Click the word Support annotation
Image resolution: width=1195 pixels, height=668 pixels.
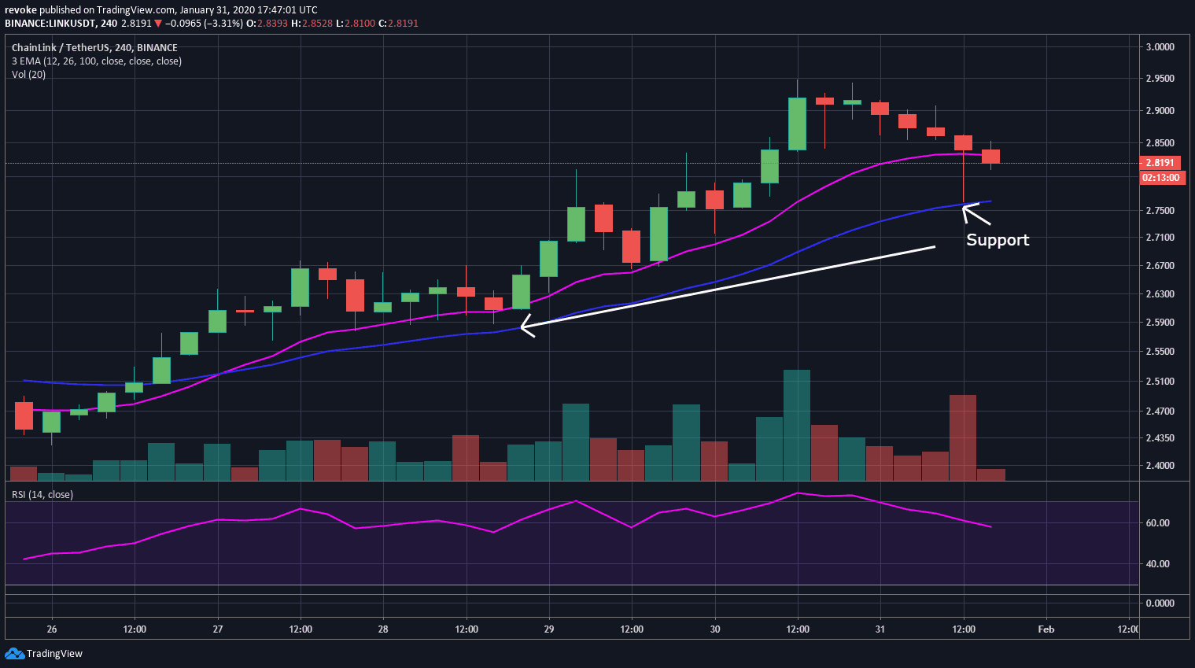point(997,240)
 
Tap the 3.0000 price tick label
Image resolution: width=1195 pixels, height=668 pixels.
point(1160,47)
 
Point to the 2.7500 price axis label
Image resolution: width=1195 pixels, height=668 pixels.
point(1160,211)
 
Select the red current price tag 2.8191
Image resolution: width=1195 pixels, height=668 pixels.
point(1160,163)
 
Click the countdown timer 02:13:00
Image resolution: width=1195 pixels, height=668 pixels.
point(1160,178)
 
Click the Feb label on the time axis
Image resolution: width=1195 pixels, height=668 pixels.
point(1046,629)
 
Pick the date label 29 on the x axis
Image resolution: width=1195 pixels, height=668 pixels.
point(548,629)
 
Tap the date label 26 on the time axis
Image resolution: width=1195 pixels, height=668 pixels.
point(52,629)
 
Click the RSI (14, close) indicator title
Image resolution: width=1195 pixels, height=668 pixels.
point(42,495)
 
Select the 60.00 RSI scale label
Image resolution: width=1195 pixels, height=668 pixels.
point(1157,523)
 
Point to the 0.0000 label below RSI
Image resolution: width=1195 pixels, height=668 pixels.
point(1160,603)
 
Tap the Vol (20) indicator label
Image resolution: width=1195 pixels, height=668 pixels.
point(29,75)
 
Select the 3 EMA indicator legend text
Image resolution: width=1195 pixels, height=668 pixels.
point(96,61)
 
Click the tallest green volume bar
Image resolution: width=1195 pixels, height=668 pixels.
point(797,425)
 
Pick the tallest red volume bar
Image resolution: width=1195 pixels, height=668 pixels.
point(963,437)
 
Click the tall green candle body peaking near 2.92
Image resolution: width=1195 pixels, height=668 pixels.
point(797,124)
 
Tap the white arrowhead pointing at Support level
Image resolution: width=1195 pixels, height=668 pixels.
point(968,209)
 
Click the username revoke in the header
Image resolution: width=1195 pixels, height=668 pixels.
point(20,10)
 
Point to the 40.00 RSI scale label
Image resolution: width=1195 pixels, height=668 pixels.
point(1157,564)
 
